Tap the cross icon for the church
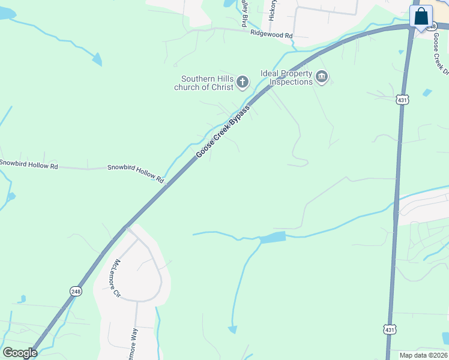tap(243, 82)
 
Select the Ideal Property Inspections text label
tap(287, 77)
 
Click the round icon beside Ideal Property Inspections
tap(322, 76)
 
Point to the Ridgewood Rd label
tap(272, 35)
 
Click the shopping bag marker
tap(421, 16)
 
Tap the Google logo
tap(19, 353)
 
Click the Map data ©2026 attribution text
tap(423, 355)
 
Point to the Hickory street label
tap(273, 10)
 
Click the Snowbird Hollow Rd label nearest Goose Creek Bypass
tap(136, 173)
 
